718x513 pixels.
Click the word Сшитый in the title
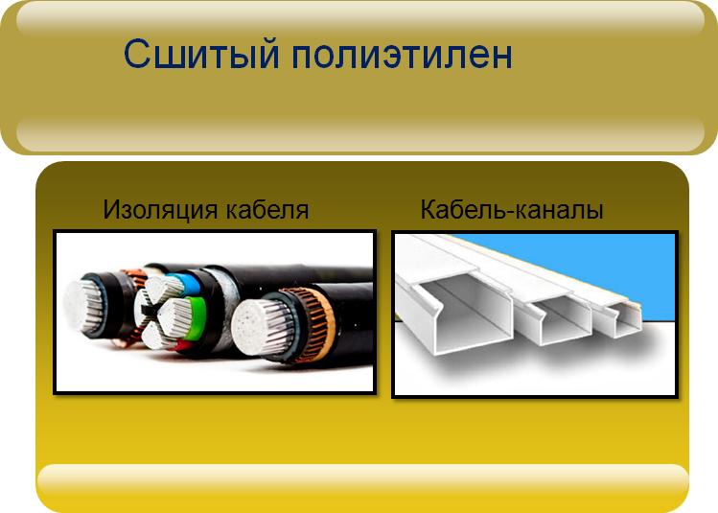tap(201, 55)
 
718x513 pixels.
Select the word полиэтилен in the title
tap(402, 55)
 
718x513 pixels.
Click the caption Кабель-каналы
tap(512, 210)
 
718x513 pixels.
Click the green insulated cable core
tap(196, 317)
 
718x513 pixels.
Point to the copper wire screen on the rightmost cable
tap(313, 324)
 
